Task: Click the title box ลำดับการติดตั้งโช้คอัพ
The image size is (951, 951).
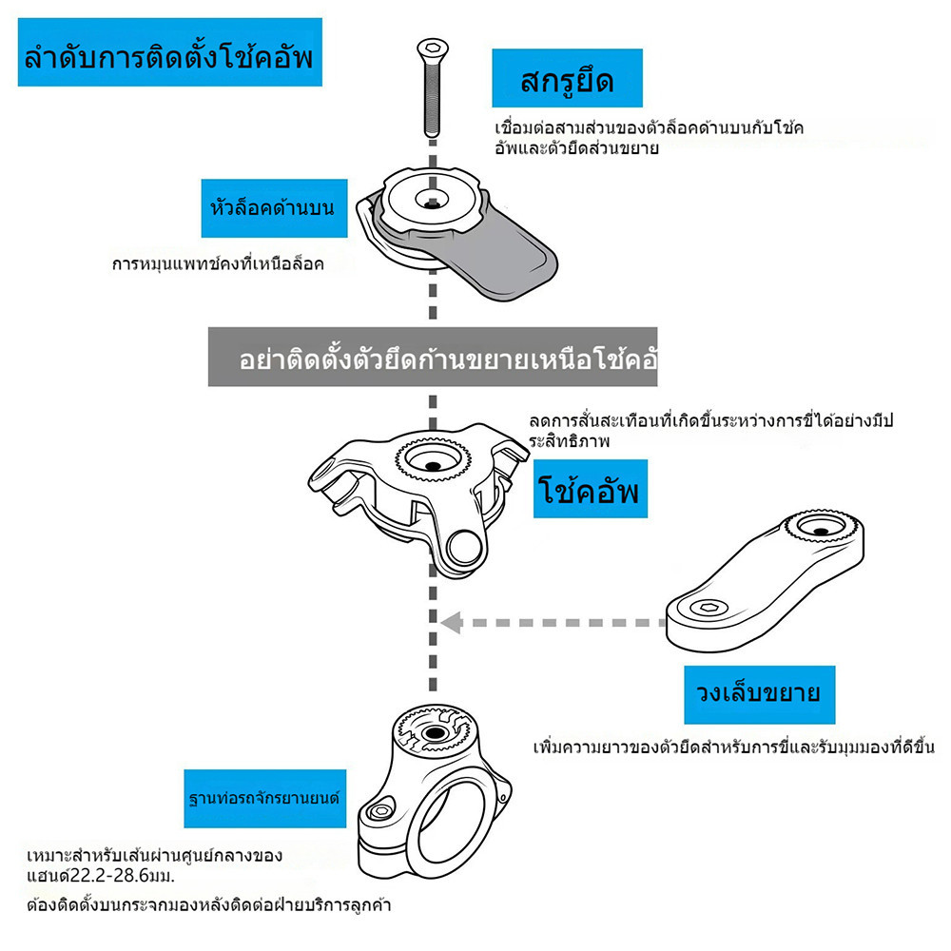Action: point(170,52)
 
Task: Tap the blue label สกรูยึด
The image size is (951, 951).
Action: point(567,78)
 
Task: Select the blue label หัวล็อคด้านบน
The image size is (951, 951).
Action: point(274,208)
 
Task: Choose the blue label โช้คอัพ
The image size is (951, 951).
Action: point(591,489)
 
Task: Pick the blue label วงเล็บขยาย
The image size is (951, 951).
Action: point(759,694)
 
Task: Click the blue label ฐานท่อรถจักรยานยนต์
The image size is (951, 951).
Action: point(265,799)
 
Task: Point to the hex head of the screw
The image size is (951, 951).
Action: point(433,48)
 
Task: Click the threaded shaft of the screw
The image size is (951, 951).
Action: point(432,97)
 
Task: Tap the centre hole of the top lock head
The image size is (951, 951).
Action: point(433,204)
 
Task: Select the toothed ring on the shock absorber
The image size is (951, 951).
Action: point(433,458)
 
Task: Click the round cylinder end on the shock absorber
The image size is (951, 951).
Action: point(465,547)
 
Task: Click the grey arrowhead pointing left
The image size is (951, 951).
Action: point(453,623)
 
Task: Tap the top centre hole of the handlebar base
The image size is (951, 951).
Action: point(434,734)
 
